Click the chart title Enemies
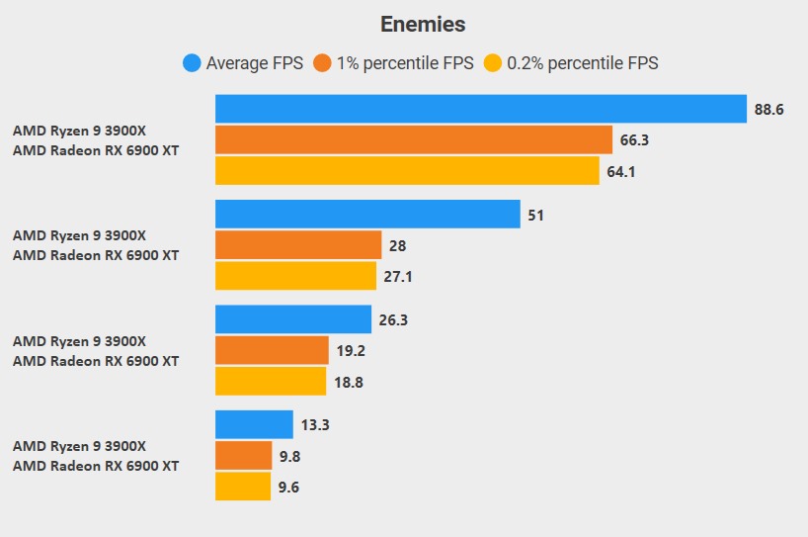423,25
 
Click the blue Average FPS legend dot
193,63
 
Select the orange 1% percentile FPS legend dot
322,63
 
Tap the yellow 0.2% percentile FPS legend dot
493,63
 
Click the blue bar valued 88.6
480,109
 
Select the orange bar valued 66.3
413,140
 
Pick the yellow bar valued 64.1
407,171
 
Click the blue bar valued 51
367,215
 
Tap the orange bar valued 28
298,245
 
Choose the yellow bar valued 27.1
295,276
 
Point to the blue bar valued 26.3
293,319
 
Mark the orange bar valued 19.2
272,350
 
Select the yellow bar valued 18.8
271,381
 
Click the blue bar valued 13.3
254,424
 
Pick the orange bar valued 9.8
243,455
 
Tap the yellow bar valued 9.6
242,486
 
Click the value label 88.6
768,110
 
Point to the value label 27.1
397,277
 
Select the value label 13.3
316,425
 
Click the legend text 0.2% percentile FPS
583,63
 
